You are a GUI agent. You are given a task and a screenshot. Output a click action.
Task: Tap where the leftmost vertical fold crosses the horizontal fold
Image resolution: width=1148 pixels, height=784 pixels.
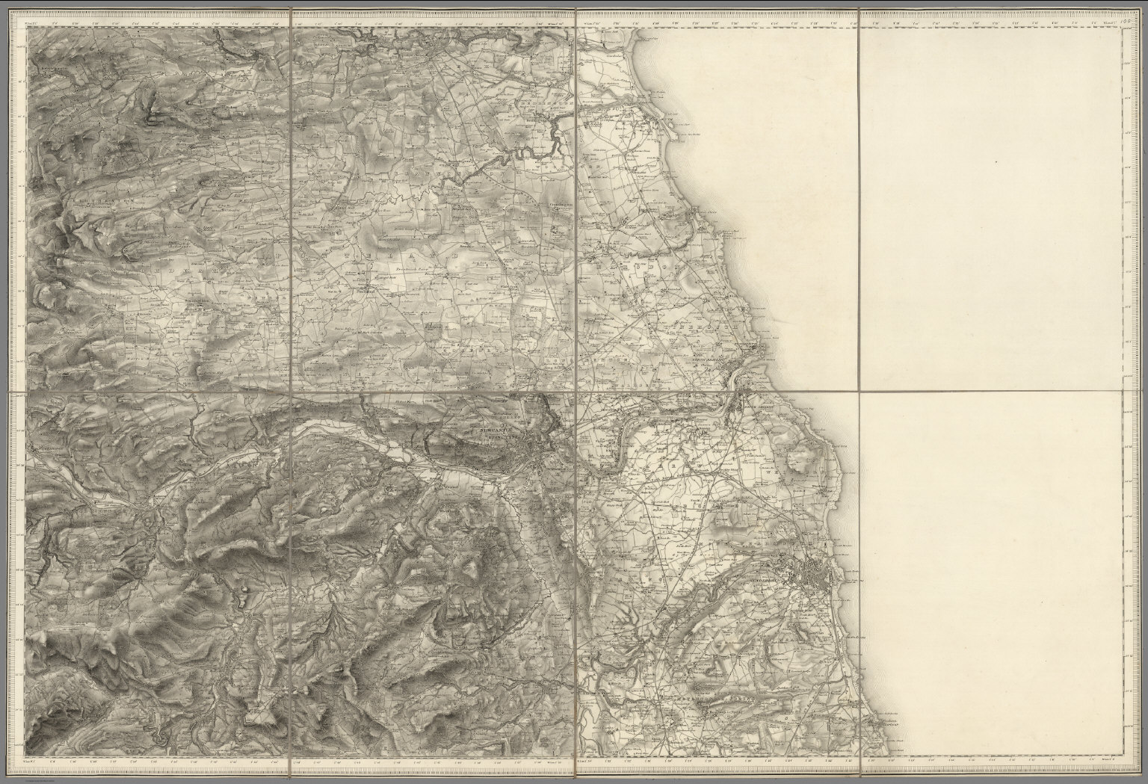pyautogui.click(x=289, y=392)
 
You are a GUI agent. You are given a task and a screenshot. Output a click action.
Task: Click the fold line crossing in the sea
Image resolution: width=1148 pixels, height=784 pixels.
pyautogui.click(x=860, y=392)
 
